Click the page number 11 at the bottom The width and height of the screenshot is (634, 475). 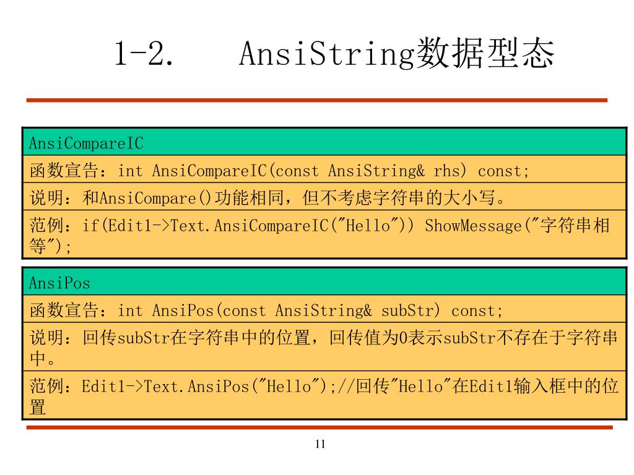pyautogui.click(x=320, y=444)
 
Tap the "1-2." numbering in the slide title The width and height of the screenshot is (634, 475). pyautogui.click(x=144, y=53)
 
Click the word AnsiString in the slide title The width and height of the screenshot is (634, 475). pyautogui.click(x=327, y=53)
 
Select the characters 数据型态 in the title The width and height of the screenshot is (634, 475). pyautogui.click(x=485, y=53)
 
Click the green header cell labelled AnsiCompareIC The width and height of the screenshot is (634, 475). pyautogui.click(x=324, y=142)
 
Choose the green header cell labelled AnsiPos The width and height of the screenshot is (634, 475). pyautogui.click(x=324, y=281)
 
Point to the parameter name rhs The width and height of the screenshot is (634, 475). pyautogui.click(x=446, y=171)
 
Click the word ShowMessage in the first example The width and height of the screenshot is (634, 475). pyautogui.click(x=473, y=225)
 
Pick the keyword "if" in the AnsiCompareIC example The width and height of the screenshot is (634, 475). pyautogui.click(x=91, y=225)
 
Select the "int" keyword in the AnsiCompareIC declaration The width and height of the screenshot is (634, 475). pyautogui.click(x=130, y=171)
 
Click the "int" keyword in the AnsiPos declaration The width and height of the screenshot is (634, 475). pyautogui.click(x=130, y=310)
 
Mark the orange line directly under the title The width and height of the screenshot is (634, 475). pyautogui.click(x=316, y=100)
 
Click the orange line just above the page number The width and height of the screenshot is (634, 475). pyautogui.click(x=319, y=427)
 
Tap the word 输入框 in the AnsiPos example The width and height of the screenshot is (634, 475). pyautogui.click(x=541, y=386)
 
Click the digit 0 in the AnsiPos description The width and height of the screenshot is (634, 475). pyautogui.click(x=403, y=338)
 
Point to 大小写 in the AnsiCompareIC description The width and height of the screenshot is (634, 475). pyautogui.click(x=469, y=198)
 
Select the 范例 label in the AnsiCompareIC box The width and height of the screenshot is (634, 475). pyautogui.click(x=46, y=225)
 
